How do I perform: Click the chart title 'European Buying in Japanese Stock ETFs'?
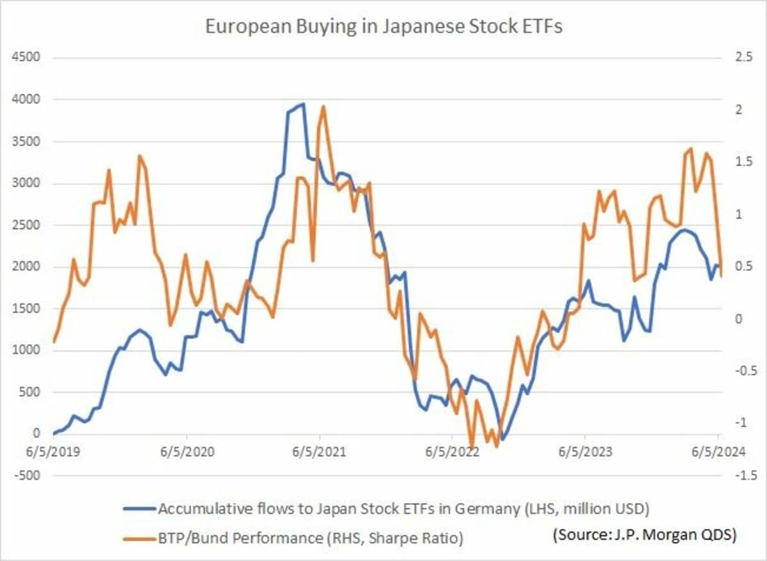383,27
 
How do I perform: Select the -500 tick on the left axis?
26,475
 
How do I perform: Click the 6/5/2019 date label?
54,452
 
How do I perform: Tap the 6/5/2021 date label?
320,452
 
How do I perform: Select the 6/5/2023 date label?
585,452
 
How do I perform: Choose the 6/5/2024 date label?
718,452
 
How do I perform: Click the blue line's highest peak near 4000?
302,104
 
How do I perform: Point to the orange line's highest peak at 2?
323,107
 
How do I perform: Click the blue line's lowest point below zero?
503,439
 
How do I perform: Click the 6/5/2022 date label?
452,452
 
